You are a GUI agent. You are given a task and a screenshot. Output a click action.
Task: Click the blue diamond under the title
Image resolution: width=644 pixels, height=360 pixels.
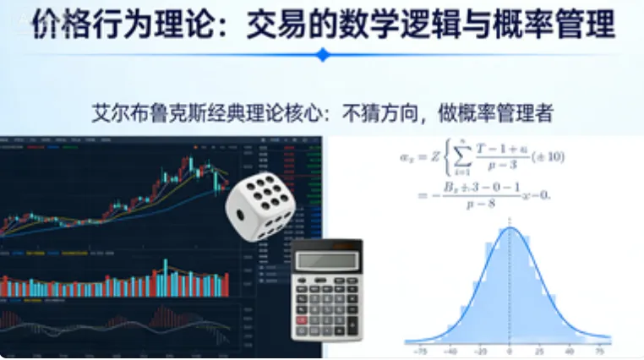click(x=322, y=55)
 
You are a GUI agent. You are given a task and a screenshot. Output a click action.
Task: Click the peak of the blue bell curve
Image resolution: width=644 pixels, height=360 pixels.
click(x=509, y=229)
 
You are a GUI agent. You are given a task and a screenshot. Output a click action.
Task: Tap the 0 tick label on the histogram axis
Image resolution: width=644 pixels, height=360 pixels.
click(x=509, y=349)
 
